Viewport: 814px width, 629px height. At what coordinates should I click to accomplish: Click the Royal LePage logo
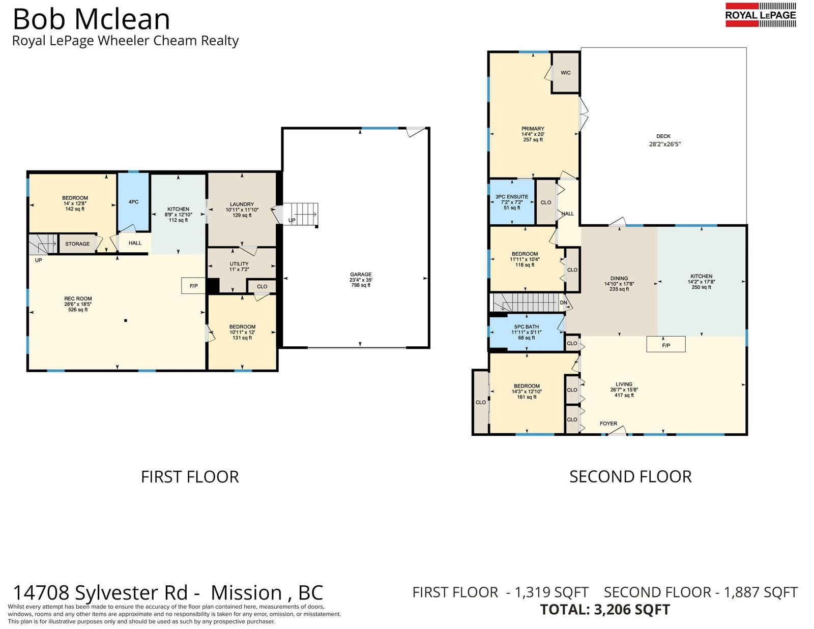click(761, 15)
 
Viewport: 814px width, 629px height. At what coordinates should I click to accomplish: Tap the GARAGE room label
click(361, 275)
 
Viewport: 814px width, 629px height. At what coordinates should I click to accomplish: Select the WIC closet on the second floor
click(566, 73)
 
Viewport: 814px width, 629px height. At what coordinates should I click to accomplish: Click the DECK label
click(663, 136)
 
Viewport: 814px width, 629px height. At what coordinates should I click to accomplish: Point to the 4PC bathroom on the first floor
click(133, 202)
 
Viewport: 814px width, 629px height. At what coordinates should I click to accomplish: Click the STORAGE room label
click(77, 244)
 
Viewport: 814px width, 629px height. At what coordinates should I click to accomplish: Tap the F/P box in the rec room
click(193, 286)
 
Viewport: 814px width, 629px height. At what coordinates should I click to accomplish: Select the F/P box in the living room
click(666, 344)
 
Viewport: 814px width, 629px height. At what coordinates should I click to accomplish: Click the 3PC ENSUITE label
click(512, 197)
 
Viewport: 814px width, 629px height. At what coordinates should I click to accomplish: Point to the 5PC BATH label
click(527, 326)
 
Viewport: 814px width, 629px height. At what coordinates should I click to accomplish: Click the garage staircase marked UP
click(301, 215)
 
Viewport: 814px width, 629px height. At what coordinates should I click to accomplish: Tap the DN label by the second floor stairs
click(563, 303)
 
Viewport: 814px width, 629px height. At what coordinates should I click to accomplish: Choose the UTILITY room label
click(239, 264)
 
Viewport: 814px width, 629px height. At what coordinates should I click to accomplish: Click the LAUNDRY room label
click(242, 204)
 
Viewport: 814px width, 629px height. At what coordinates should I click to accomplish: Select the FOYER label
click(608, 424)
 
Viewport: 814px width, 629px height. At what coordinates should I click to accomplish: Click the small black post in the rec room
click(126, 320)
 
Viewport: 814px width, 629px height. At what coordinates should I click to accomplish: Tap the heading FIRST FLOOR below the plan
click(190, 477)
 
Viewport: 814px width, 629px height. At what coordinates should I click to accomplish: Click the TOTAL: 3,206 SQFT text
click(605, 609)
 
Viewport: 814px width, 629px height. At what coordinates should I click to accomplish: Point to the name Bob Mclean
click(92, 19)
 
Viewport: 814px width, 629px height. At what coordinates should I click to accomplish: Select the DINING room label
click(619, 278)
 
